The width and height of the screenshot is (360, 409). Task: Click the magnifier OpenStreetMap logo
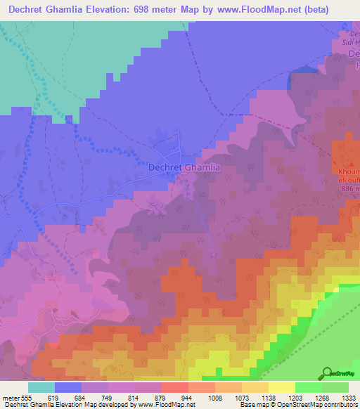coord(328,373)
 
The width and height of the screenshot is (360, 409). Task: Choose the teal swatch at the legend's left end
coord(41,387)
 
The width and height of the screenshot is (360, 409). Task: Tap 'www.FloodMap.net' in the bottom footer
coord(153,405)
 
